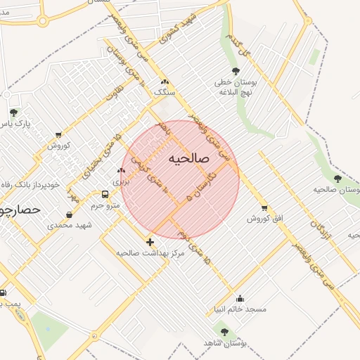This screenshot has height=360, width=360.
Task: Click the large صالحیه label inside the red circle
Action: [x=190, y=160]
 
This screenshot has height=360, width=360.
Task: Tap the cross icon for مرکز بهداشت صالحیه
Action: [x=150, y=241]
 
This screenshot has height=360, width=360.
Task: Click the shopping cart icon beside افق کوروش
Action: [x=264, y=208]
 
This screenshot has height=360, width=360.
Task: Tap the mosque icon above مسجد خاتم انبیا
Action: [x=240, y=298]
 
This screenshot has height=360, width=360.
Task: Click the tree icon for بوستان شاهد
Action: [x=224, y=331]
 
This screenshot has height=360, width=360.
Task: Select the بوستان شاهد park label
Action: [x=223, y=342]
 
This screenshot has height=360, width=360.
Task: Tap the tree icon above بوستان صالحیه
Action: [x=337, y=179]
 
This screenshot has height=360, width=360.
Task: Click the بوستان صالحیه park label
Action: [x=336, y=190]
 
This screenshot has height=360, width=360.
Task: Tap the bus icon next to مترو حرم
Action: [x=105, y=194]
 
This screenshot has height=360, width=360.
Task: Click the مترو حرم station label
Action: [x=105, y=205]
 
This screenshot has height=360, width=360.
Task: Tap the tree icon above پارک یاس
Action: [x=13, y=113]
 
